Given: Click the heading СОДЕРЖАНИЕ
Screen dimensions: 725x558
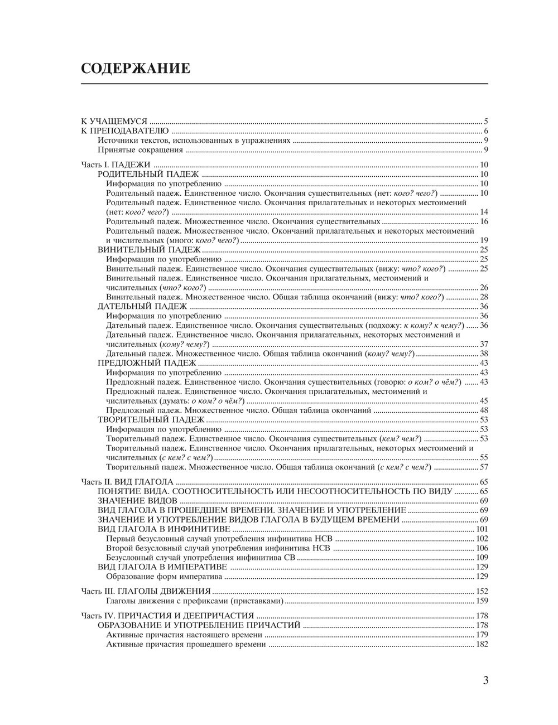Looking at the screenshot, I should pos(136,69).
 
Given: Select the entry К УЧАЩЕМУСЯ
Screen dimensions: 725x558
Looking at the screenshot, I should pos(114,121).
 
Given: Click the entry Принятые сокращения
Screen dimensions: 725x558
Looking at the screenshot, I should pos(140,149).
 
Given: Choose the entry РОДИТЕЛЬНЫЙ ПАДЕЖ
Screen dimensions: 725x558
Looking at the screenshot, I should pos(148,174).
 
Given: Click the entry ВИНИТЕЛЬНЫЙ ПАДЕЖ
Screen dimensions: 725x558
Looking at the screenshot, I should pos(148,249).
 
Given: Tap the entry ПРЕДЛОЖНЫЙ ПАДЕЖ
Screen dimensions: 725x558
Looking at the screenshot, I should pos(148,362).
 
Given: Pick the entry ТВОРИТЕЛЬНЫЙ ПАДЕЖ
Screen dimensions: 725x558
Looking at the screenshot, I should pos(151,419).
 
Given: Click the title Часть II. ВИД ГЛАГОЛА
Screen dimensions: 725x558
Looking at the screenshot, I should pos(127,481).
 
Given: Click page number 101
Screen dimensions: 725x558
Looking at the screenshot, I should pos(482,529).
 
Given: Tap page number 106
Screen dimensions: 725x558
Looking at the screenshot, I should pos(482,548).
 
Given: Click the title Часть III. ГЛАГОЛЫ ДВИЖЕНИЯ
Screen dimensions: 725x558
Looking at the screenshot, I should pos(146,591).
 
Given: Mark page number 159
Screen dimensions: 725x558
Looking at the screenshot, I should pos(482,601).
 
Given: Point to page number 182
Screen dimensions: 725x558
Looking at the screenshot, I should pos(482,644).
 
